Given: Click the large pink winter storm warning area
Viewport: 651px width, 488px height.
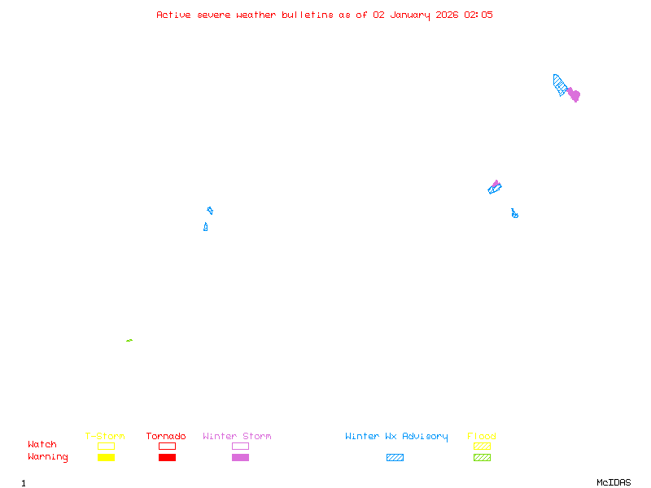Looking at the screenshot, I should [574, 95].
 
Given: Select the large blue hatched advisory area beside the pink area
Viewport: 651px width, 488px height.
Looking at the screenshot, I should [560, 85].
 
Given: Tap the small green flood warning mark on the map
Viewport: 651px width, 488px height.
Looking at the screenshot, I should [129, 340].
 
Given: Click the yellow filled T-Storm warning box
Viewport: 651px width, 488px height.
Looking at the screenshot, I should [106, 457].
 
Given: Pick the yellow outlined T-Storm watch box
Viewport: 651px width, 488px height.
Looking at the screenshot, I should [106, 446].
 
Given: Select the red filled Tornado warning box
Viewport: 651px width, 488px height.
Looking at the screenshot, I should [167, 457].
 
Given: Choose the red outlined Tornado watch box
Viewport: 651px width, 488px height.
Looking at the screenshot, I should [167, 446].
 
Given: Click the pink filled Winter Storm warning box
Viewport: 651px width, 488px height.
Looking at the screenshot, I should [240, 457].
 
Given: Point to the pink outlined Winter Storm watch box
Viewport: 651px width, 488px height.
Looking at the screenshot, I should [240, 446].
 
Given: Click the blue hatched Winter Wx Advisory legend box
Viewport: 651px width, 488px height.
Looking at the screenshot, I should [395, 457].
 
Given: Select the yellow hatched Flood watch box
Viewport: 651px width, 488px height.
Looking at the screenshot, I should [482, 446].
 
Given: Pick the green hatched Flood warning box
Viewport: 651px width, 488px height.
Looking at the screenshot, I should [482, 457].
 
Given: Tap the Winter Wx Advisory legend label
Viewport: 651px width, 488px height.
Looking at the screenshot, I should [396, 437].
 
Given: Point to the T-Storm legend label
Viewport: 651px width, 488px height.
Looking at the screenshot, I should [105, 437].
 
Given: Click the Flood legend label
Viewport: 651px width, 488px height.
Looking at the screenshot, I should [482, 437].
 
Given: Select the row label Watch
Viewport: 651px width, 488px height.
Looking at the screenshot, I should [42, 445].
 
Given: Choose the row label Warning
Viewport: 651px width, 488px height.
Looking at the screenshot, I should [48, 457].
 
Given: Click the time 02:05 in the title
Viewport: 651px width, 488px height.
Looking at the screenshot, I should [478, 15].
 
